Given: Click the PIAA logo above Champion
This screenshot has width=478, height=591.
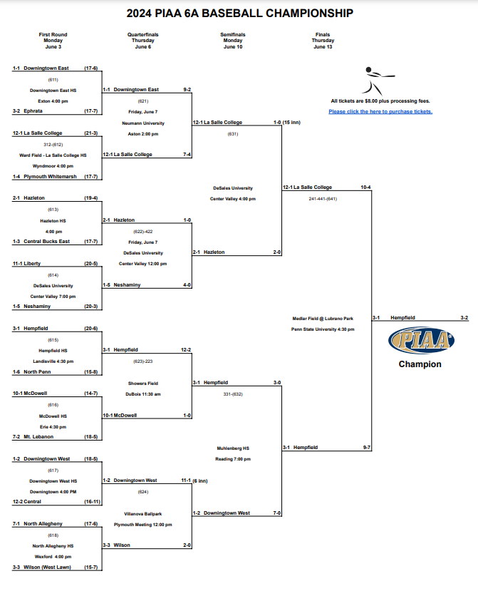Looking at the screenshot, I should click(422, 340).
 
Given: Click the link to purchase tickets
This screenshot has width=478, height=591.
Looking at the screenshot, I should click(380, 111).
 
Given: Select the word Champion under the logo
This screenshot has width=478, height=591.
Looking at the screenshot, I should click(420, 364).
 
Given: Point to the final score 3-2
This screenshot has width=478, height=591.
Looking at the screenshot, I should click(464, 317).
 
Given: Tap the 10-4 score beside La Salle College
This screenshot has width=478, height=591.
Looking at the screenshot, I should click(365, 187).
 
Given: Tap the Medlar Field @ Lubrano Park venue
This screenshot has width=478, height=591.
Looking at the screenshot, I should click(323, 318).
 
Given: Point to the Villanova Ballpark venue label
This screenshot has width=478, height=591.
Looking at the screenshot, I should click(143, 513).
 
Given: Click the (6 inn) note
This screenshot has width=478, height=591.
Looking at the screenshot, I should click(199, 480).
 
